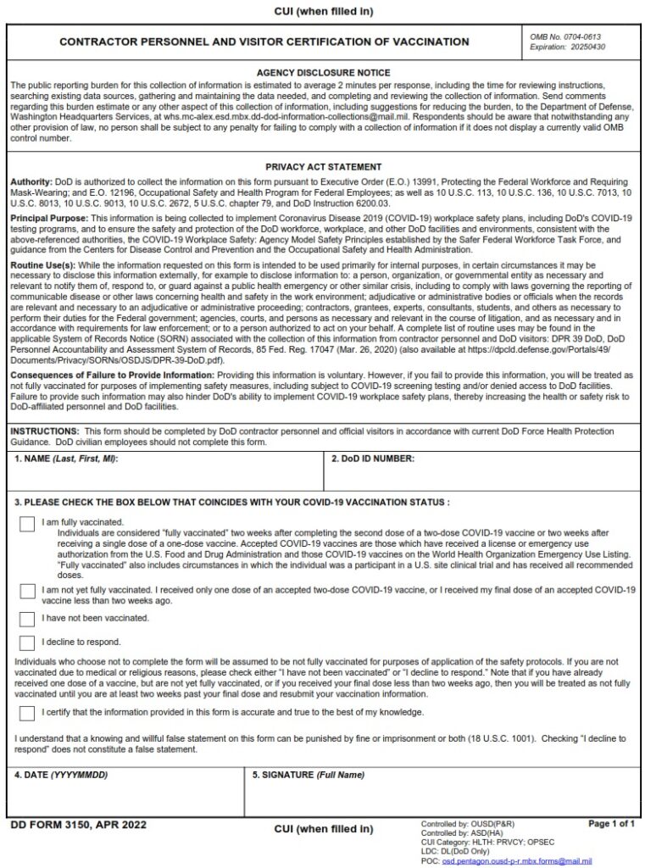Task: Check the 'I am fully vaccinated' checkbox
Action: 27,525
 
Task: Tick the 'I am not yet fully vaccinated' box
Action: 27,591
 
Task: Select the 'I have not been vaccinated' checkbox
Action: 27,619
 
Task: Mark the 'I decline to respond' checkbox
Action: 27,643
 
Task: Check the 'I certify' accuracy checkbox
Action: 27,713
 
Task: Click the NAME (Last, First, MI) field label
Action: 66,459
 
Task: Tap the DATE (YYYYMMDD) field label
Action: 61,775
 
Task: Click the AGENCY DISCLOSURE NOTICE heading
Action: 323,74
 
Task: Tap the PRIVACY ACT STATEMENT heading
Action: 323,167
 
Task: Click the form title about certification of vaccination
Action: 264,42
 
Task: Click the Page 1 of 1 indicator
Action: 611,823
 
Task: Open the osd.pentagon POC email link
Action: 517,861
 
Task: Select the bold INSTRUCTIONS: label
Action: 44,431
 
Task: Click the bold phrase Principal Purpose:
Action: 48,218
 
